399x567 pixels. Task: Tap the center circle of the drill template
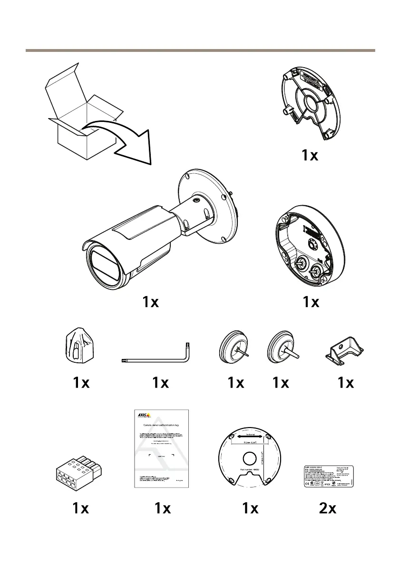pyautogui.click(x=250, y=457)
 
